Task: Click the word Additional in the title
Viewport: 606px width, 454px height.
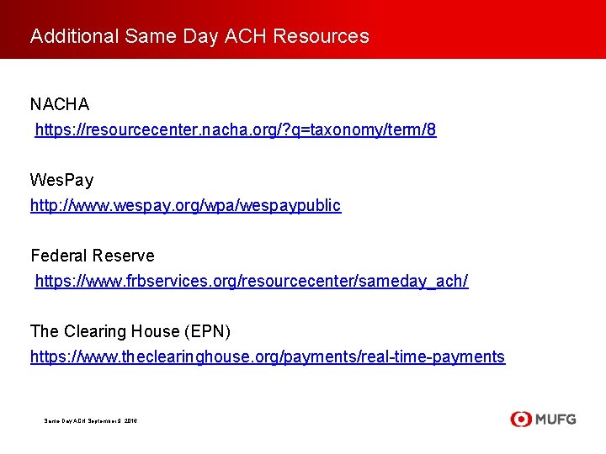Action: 75,36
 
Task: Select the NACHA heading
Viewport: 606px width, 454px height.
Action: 60,105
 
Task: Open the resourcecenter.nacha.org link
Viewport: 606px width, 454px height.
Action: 235,130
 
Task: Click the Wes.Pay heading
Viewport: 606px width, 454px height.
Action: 61,180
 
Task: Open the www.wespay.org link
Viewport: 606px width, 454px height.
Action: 185,205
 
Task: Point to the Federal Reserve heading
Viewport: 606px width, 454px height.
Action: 93,256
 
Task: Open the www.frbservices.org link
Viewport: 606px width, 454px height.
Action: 251,281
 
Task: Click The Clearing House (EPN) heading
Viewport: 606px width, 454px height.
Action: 130,331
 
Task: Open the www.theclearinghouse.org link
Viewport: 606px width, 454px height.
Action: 267,356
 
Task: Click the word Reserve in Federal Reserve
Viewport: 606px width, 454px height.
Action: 124,256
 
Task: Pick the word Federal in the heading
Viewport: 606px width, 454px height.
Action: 60,256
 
